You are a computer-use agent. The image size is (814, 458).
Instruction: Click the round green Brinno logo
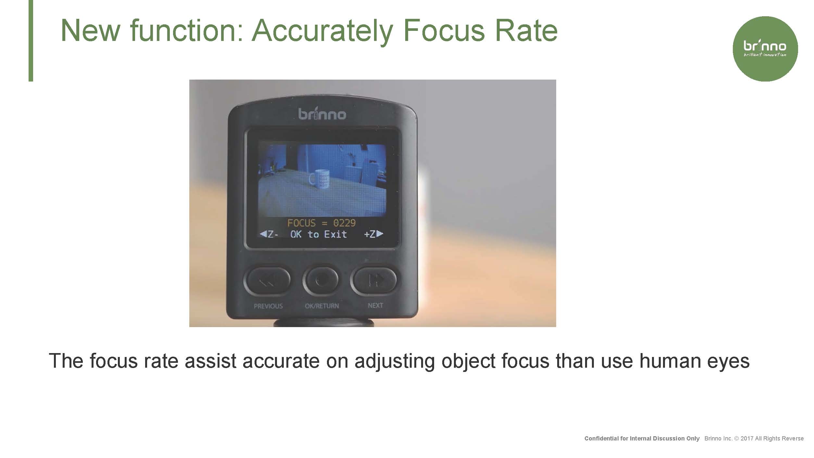coord(765,49)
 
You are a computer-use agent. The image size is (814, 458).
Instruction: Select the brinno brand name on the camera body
coord(322,114)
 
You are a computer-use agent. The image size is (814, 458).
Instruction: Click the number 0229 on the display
coord(344,223)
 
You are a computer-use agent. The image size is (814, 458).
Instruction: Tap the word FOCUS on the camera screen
coord(301,223)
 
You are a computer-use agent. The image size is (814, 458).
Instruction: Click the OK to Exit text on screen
coord(319,234)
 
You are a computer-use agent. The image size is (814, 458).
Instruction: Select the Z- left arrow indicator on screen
coord(269,234)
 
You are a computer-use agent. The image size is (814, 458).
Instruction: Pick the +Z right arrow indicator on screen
coord(374,234)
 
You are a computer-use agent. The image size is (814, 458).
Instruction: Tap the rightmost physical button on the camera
coord(375,280)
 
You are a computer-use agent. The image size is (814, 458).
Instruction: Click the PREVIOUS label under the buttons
coord(268,306)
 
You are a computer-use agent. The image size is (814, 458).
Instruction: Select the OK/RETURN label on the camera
coord(322,306)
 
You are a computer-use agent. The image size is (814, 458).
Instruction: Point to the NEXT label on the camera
coord(375,305)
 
